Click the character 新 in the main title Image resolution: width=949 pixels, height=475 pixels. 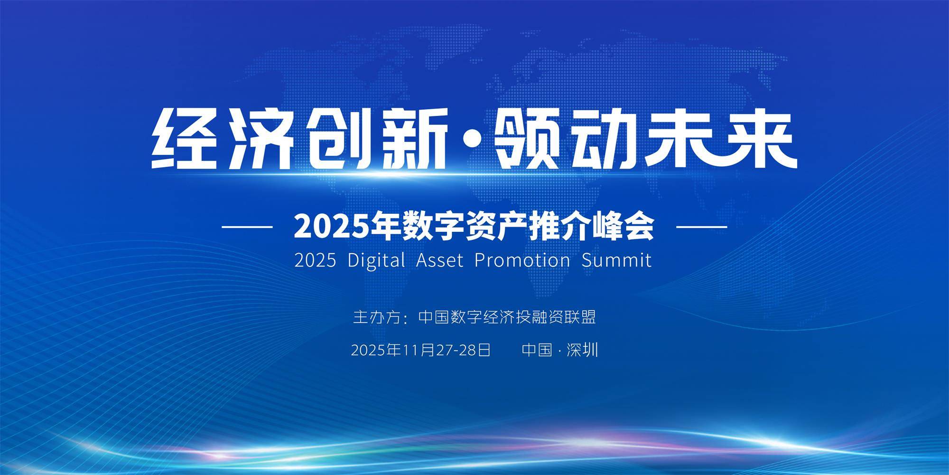[409, 138]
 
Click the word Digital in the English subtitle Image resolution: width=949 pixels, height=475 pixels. [376, 260]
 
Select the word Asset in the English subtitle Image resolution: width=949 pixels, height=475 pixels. [439, 260]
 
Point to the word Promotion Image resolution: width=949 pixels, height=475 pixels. [522, 260]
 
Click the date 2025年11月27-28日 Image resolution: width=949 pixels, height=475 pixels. [420, 351]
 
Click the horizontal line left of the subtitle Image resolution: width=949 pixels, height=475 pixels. [247, 227]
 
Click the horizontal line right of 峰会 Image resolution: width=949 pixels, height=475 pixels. [701, 227]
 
